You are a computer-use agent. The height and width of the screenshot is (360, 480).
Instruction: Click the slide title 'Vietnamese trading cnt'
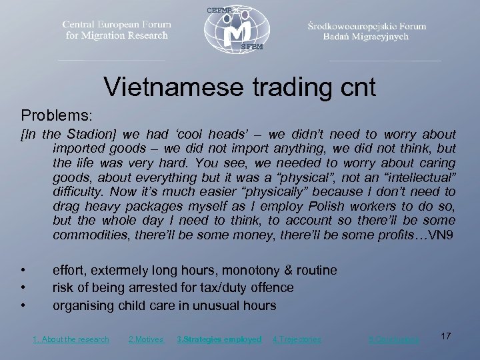click(x=240, y=86)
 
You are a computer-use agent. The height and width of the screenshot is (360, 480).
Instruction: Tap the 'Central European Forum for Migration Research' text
click(x=117, y=29)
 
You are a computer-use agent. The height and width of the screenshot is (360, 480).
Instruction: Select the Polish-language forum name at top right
click(x=367, y=31)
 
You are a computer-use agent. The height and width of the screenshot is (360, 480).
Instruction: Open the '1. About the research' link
click(x=71, y=339)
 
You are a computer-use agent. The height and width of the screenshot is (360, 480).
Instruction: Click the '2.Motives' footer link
click(x=145, y=339)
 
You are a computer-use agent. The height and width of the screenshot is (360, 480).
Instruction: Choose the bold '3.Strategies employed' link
click(x=219, y=339)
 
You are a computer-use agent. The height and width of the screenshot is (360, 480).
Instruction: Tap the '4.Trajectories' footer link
click(x=297, y=339)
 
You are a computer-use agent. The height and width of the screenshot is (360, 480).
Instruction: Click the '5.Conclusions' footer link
click(x=394, y=339)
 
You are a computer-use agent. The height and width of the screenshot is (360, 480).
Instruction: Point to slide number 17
click(x=446, y=336)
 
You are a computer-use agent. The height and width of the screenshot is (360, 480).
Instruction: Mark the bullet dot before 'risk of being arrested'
click(x=23, y=288)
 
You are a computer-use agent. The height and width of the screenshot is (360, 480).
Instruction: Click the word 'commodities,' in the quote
click(x=89, y=235)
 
